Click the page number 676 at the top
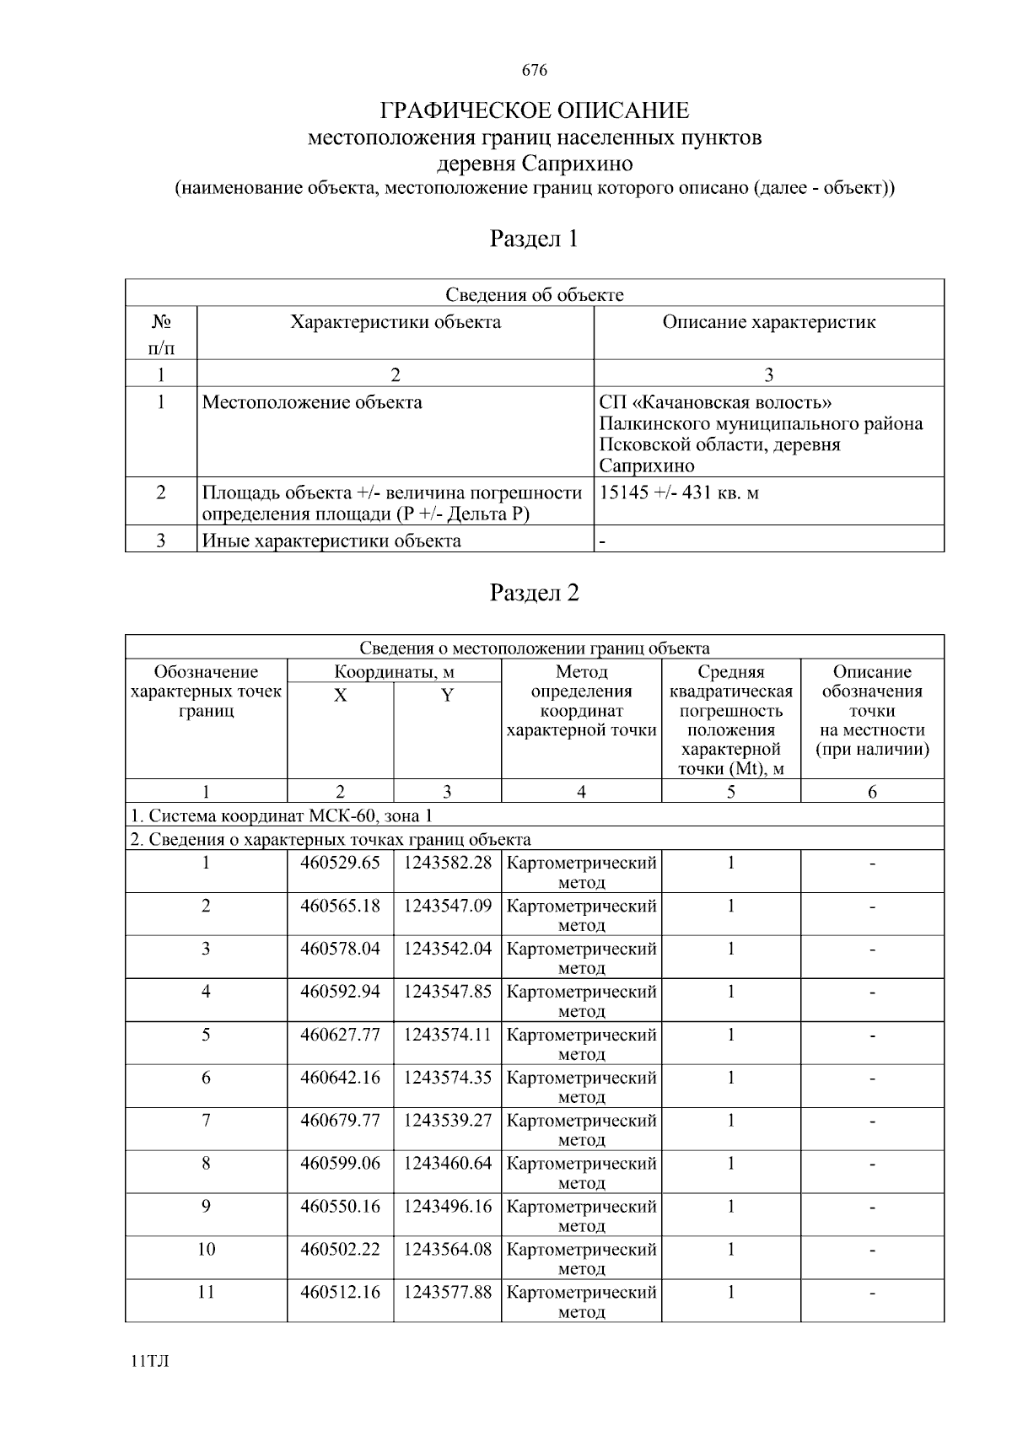coord(535,71)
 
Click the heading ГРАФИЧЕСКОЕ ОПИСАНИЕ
coord(535,110)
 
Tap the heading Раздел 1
coord(535,239)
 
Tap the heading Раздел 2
coord(535,594)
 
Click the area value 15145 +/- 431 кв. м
coord(679,492)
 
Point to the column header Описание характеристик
coord(768,322)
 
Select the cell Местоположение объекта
coord(312,402)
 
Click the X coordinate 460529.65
coord(340,863)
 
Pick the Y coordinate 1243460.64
coord(447,1164)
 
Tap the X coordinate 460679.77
coord(340,1121)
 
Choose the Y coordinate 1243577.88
coord(447,1293)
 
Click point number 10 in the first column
coord(206,1250)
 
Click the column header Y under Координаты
coord(447,696)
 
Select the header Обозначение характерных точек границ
coord(206,691)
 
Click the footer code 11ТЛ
coord(150,1363)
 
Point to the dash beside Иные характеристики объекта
coord(602,541)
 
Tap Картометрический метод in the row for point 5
coord(581,1044)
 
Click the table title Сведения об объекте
coord(535,294)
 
